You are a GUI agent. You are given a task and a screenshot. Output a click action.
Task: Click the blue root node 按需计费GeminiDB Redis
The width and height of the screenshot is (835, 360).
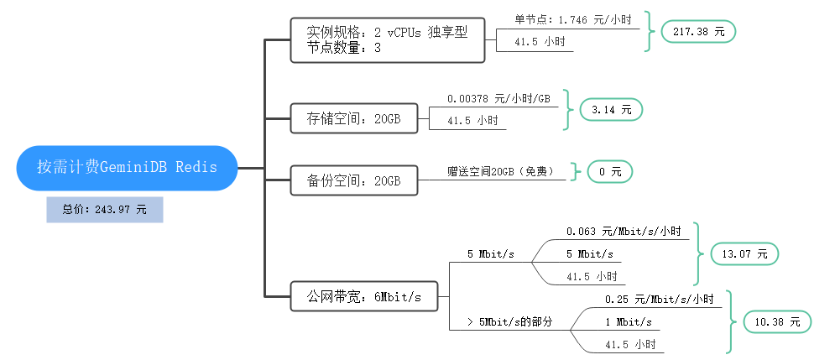tap(127, 167)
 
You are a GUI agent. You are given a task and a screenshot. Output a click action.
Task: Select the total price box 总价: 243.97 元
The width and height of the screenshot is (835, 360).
tap(104, 210)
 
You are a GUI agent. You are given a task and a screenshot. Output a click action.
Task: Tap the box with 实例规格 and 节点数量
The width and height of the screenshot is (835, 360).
tap(388, 39)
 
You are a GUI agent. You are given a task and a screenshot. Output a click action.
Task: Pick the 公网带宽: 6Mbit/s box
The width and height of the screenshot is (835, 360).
tap(363, 295)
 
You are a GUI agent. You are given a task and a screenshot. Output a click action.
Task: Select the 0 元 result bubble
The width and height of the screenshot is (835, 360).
tap(609, 171)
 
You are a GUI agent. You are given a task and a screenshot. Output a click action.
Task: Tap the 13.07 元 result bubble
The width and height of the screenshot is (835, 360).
tap(744, 253)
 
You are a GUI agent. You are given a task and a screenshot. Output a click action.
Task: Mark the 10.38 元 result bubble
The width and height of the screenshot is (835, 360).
tap(777, 321)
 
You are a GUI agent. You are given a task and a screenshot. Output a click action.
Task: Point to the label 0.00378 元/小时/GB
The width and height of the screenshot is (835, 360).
tap(498, 98)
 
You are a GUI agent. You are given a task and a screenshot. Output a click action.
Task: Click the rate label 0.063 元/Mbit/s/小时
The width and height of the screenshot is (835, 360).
tap(623, 231)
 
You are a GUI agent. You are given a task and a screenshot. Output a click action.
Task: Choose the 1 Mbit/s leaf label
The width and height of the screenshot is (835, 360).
tap(628, 321)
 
